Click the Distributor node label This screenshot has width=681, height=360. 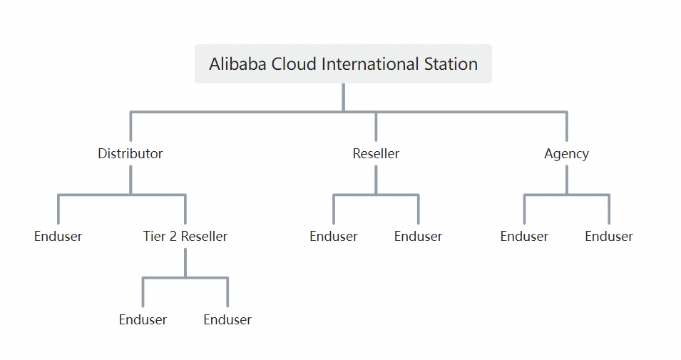pyautogui.click(x=130, y=153)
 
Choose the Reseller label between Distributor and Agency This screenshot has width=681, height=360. pyautogui.click(x=376, y=153)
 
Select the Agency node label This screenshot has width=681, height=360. pyautogui.click(x=566, y=153)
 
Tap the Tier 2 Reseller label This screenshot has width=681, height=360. pyautogui.click(x=185, y=237)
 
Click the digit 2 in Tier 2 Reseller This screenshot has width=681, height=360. pyautogui.click(x=173, y=237)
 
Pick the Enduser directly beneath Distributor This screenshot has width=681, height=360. pyautogui.click(x=58, y=237)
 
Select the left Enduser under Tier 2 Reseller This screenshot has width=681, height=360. pyautogui.click(x=143, y=320)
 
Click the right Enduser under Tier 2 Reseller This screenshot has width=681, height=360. pyautogui.click(x=227, y=320)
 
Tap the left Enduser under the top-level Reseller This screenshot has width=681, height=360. pyautogui.click(x=334, y=237)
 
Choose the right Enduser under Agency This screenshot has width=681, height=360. pyautogui.click(x=609, y=237)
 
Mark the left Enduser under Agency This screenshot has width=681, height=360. pyautogui.click(x=524, y=237)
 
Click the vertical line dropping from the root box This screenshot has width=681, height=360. pyautogui.click(x=343, y=98)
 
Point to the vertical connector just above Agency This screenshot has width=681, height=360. pyautogui.click(x=566, y=127)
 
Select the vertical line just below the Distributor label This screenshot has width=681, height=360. pyautogui.click(x=130, y=180)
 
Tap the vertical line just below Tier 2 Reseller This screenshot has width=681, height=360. pyautogui.click(x=185, y=262)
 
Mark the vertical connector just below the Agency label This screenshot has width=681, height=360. pyautogui.click(x=566, y=180)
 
